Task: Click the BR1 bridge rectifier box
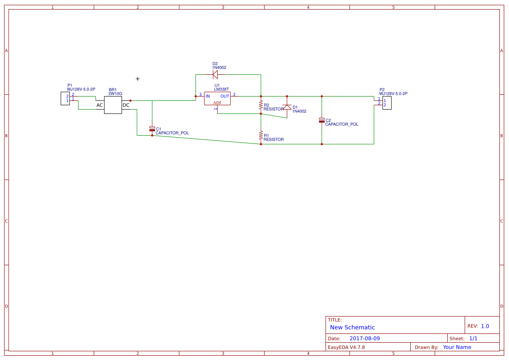tap(113, 105)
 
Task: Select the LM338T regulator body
tap(217, 98)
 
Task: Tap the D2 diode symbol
tap(215, 74)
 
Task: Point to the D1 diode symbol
tap(287, 107)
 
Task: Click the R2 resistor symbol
tap(261, 105)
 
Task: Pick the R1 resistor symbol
tap(261, 135)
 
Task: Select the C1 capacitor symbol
tap(152, 129)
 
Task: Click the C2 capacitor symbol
tap(322, 120)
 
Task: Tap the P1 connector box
tap(65, 98)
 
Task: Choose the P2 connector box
tap(387, 103)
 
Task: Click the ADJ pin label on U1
tap(217, 103)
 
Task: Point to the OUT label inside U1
tap(225, 96)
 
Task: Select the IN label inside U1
tap(208, 96)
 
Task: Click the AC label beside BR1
tap(100, 105)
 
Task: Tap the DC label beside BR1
tap(126, 105)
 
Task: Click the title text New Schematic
tap(352, 327)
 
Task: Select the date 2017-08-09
tap(365, 338)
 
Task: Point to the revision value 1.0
tap(485, 326)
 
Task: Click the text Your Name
tap(457, 347)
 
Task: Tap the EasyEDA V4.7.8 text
tap(346, 347)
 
